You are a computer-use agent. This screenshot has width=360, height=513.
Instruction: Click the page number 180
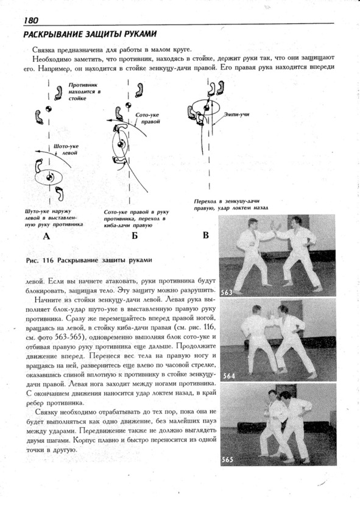point(30,20)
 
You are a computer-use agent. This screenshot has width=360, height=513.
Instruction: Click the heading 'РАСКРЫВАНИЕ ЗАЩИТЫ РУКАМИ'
point(90,34)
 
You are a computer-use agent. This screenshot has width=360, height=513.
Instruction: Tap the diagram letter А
point(46,236)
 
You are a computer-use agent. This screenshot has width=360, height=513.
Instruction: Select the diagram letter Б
point(135,236)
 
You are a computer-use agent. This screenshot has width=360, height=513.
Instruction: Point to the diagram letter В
point(206,235)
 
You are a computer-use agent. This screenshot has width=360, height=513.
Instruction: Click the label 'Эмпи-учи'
point(236,115)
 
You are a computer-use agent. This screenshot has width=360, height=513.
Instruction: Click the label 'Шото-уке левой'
point(66,149)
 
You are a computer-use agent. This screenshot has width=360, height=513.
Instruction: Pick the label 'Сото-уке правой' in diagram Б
point(147,118)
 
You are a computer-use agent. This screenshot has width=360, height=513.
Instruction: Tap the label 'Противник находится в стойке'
point(84,91)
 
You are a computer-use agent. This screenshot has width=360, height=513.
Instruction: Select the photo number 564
point(229,376)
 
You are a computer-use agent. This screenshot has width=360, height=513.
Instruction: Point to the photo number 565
point(227,459)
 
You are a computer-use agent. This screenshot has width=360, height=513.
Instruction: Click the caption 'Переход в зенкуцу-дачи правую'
point(227,205)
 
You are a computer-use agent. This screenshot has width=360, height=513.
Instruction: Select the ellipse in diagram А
point(35,177)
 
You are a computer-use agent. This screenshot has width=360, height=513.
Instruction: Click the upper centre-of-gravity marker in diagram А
point(48,108)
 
